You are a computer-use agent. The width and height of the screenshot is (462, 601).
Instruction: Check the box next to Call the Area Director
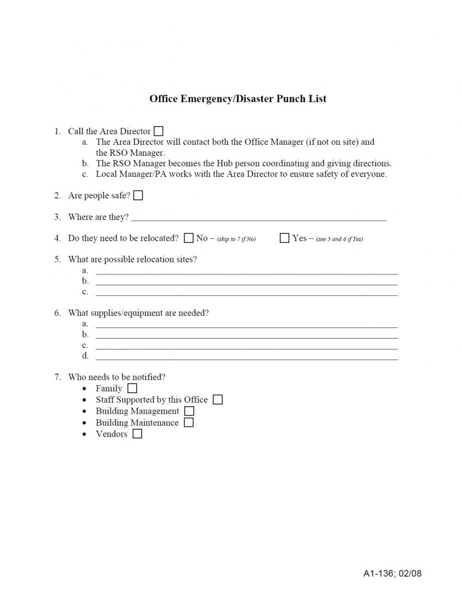pyautogui.click(x=158, y=132)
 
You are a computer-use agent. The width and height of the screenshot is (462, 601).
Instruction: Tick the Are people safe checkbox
pyautogui.click(x=138, y=196)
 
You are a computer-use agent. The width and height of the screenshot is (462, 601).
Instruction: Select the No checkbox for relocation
pyautogui.click(x=189, y=238)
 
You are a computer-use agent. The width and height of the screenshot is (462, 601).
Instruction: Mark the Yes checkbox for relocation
pyautogui.click(x=284, y=238)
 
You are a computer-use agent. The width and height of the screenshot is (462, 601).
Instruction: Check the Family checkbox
pyautogui.click(x=132, y=388)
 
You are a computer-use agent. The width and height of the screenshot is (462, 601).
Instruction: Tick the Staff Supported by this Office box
pyautogui.click(x=218, y=400)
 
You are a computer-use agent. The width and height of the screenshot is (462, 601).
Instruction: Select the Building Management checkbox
pyautogui.click(x=189, y=411)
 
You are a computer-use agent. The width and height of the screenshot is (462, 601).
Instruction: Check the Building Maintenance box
pyautogui.click(x=188, y=423)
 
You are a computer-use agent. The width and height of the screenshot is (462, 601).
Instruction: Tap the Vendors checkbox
pyautogui.click(x=137, y=434)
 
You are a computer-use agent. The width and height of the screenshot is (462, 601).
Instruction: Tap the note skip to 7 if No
pyautogui.click(x=236, y=239)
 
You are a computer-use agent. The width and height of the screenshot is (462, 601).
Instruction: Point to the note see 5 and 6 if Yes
pyautogui.click(x=339, y=239)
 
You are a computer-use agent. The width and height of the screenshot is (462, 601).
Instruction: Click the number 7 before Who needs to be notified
pyautogui.click(x=57, y=377)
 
